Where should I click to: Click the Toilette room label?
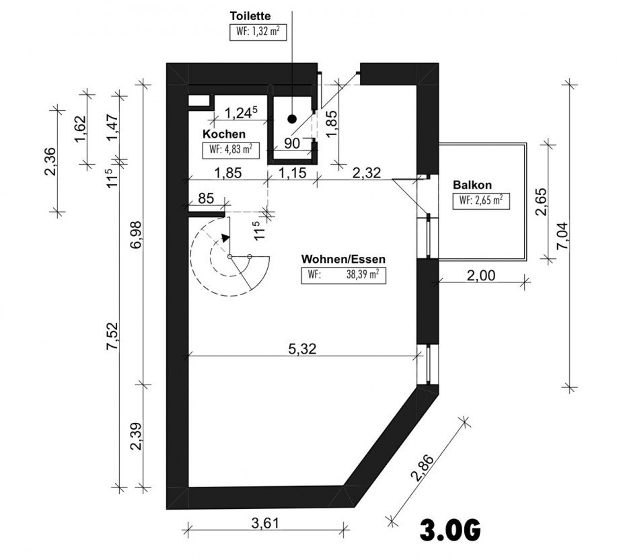click(x=250, y=16)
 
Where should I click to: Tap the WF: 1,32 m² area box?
click(x=258, y=32)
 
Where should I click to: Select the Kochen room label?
click(x=224, y=134)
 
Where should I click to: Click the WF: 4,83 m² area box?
click(x=231, y=150)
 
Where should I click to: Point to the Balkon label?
click(x=472, y=185)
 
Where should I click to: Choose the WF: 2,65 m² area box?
click(x=481, y=201)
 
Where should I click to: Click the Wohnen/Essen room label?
click(x=343, y=259)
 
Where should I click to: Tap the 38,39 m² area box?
click(x=343, y=276)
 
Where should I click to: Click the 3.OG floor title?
click(x=450, y=530)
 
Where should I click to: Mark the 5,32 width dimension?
click(x=302, y=349)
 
